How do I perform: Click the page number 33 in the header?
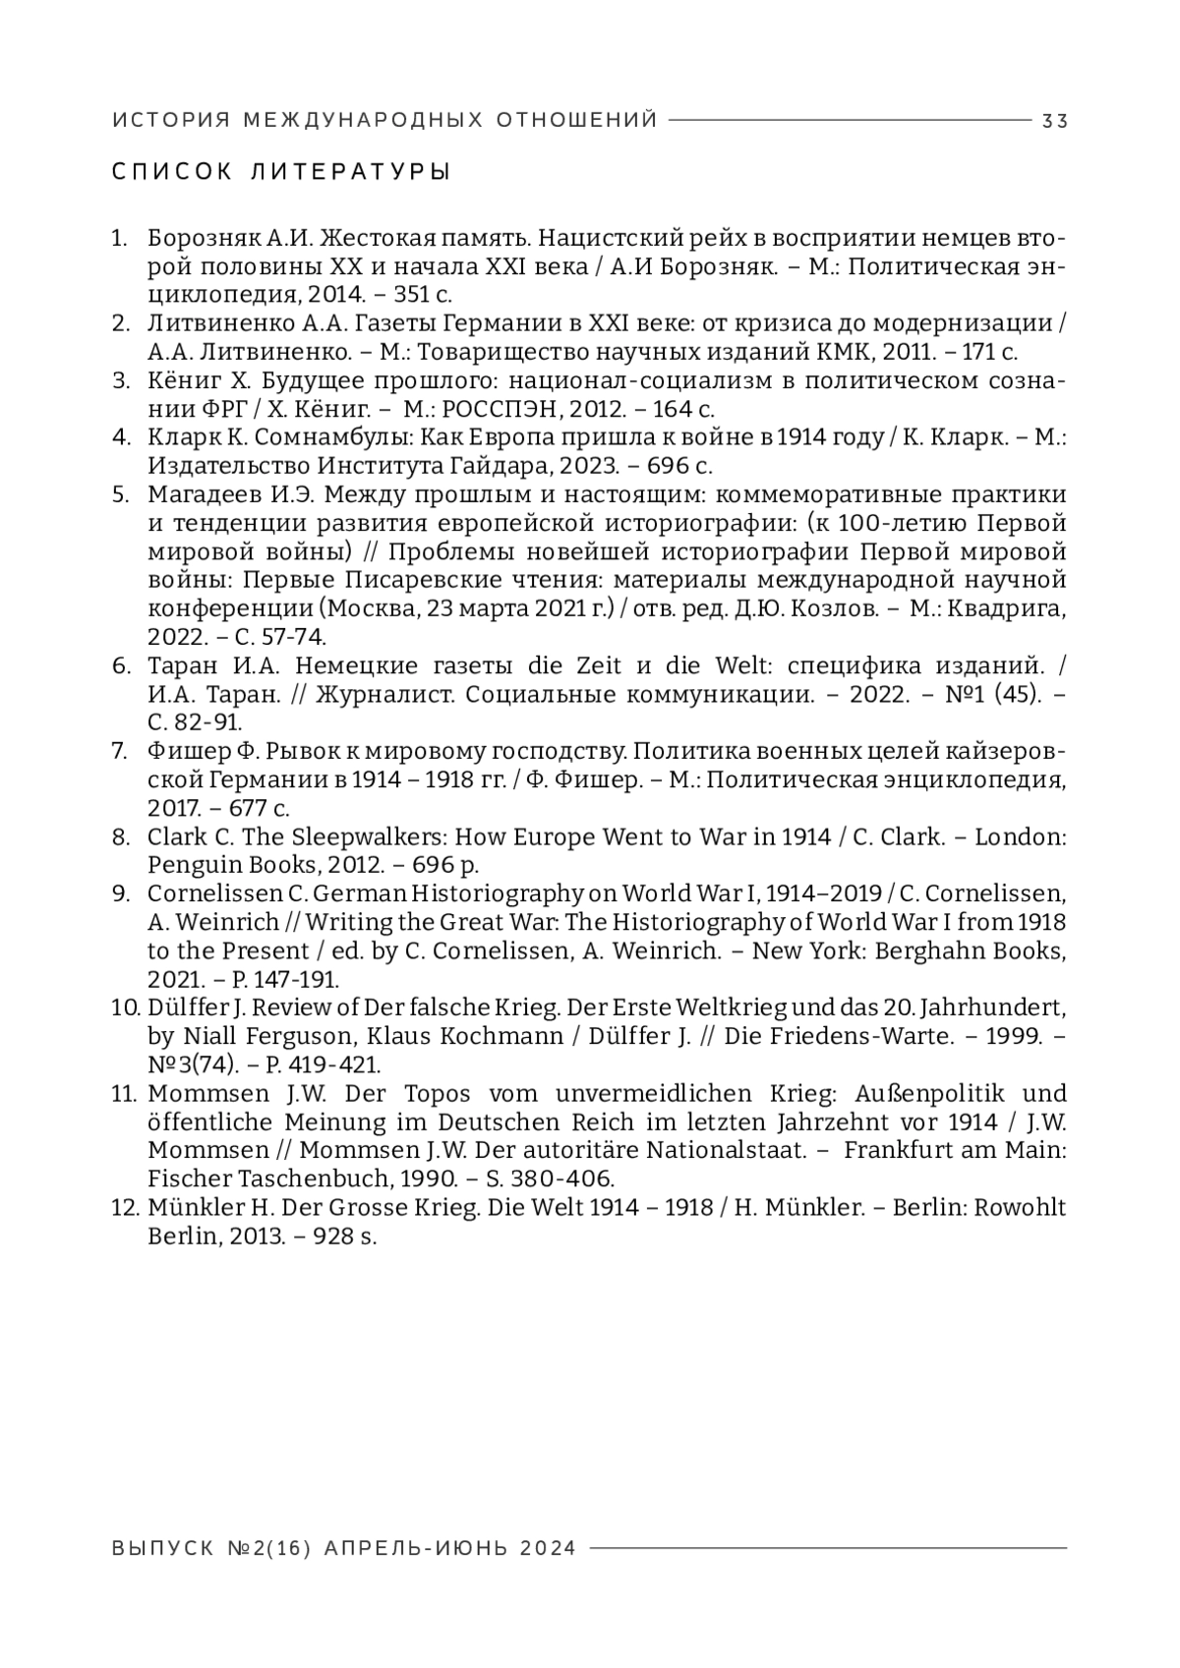tap(1055, 121)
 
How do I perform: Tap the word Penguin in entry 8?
tap(183, 865)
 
